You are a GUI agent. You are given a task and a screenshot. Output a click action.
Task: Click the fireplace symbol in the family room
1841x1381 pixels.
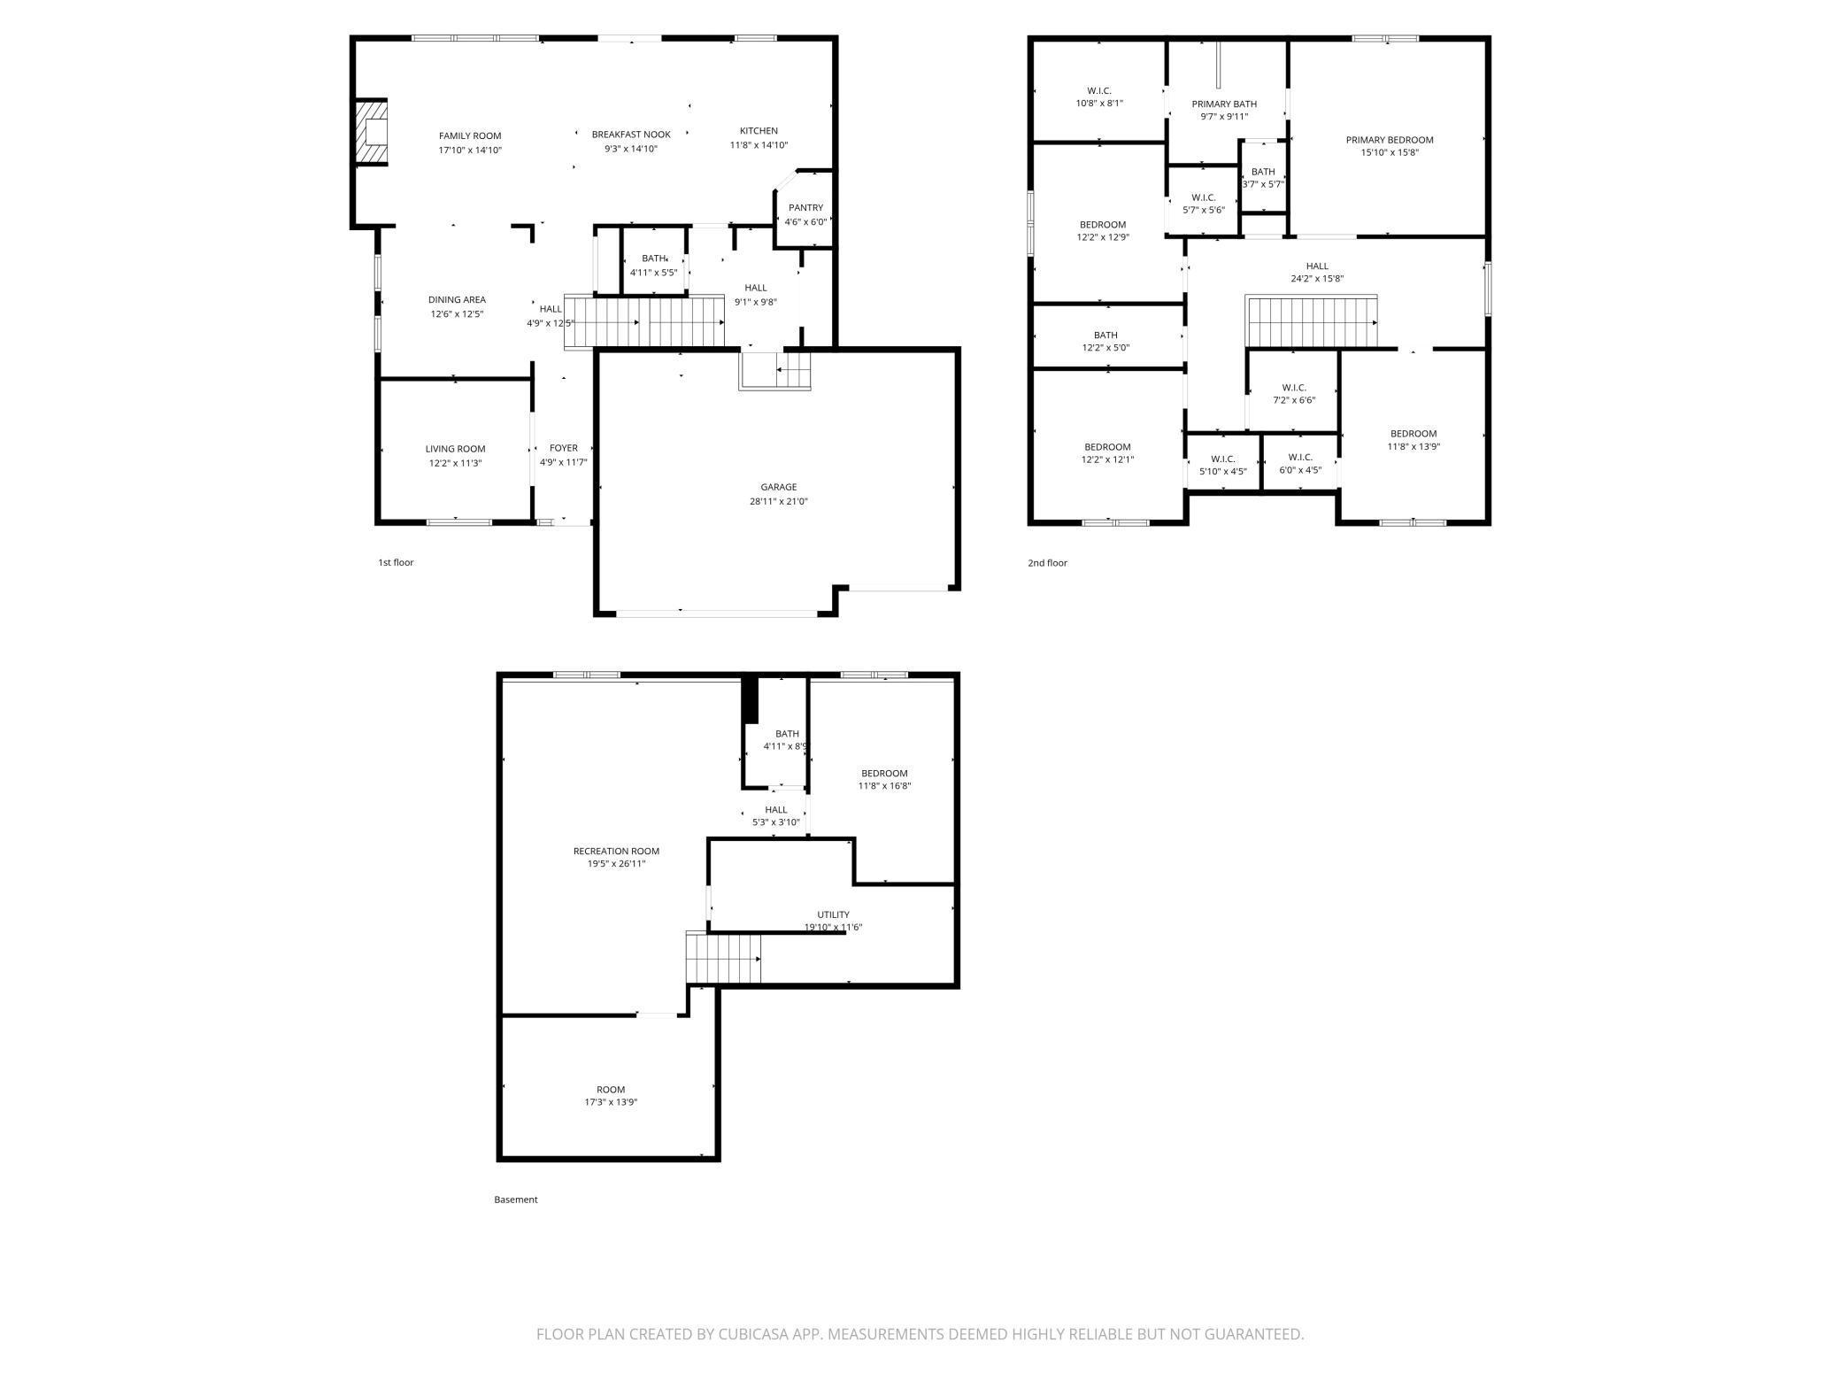coord(372,132)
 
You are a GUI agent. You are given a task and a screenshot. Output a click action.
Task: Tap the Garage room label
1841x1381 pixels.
coord(778,487)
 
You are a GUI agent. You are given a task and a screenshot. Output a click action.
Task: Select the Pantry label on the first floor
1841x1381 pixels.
coord(805,208)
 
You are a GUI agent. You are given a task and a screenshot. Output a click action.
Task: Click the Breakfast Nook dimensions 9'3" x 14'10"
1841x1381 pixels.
coord(630,149)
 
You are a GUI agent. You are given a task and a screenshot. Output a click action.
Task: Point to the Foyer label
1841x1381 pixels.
coord(563,448)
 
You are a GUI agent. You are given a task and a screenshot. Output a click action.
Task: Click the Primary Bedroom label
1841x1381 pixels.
coord(1389,140)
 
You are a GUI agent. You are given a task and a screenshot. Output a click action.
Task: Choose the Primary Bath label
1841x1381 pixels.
coord(1224,104)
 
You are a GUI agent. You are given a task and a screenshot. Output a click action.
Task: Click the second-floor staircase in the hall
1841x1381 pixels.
coord(1312,322)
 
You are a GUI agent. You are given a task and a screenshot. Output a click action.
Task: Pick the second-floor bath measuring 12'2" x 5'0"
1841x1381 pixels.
coord(1105,341)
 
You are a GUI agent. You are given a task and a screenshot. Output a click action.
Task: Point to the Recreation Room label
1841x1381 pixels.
coord(616,851)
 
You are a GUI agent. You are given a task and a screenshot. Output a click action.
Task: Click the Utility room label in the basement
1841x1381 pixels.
coord(833,914)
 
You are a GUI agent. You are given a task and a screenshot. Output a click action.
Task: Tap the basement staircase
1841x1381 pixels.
coord(723,958)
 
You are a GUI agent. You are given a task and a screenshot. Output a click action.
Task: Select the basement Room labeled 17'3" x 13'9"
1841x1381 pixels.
coord(611,1096)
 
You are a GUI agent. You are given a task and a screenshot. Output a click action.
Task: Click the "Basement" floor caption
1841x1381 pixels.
coord(515,1200)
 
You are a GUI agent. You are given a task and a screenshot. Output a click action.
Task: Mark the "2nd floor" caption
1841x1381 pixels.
coord(1047,563)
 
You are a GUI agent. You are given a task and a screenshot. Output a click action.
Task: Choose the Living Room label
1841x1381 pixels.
coord(455,449)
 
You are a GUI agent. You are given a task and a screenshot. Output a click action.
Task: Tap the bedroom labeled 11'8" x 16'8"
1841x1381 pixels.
coord(884,779)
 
